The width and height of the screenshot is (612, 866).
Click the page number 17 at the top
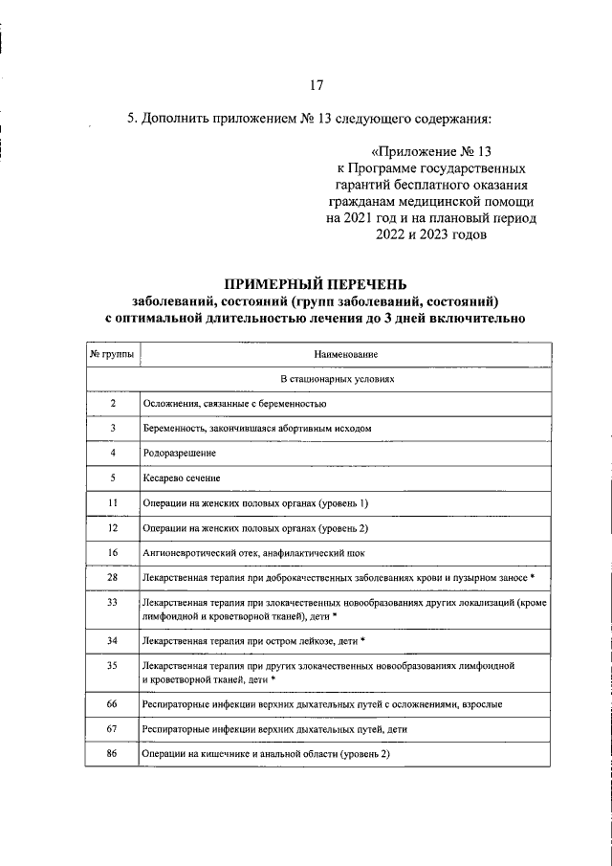coord(316,84)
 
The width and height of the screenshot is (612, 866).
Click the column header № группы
coord(111,354)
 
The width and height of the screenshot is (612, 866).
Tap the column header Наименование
coord(344,354)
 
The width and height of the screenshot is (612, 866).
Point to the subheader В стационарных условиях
coord(317,379)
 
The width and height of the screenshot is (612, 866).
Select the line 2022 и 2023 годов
coord(432,233)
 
